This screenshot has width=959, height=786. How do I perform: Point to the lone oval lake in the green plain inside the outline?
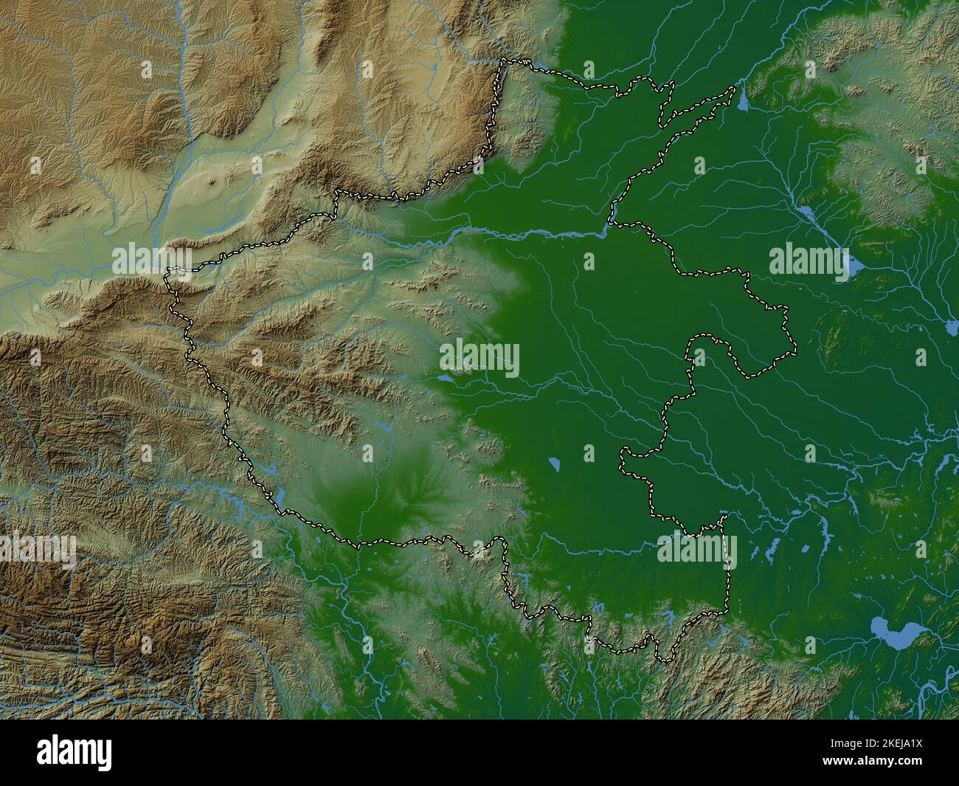pyautogui.click(x=554, y=465)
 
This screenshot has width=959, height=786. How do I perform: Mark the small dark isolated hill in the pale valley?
pyautogui.click(x=214, y=181)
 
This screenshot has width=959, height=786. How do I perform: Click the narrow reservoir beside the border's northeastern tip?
pyautogui.click(x=741, y=100)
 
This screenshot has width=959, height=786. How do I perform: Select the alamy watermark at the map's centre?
pyautogui.click(x=479, y=359)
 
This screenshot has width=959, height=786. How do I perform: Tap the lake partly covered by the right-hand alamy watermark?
pyautogui.click(x=854, y=266)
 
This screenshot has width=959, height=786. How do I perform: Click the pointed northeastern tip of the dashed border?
pyautogui.click(x=734, y=89)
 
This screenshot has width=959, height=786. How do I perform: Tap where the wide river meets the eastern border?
pyautogui.click(x=610, y=227)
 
